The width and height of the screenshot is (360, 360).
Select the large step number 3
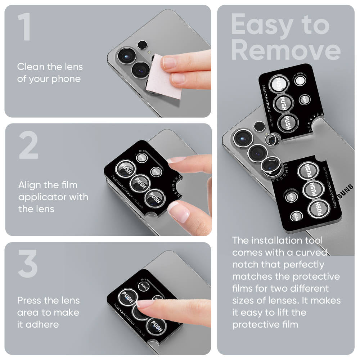[x=28, y=264]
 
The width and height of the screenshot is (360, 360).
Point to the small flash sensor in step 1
[x=143, y=45]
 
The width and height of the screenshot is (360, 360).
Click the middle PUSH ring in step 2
[x=140, y=183]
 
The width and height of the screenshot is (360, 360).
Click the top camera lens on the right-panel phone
[x=242, y=138]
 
